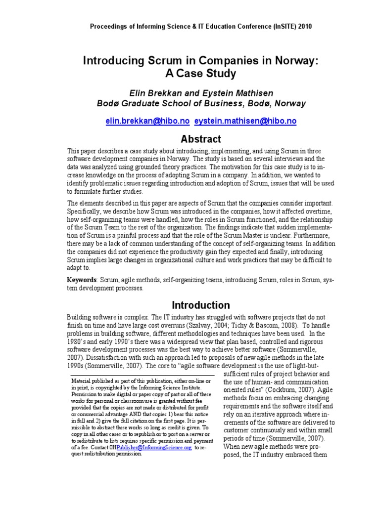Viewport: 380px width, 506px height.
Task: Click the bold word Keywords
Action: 82,280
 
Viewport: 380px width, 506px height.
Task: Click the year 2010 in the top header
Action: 302,26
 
